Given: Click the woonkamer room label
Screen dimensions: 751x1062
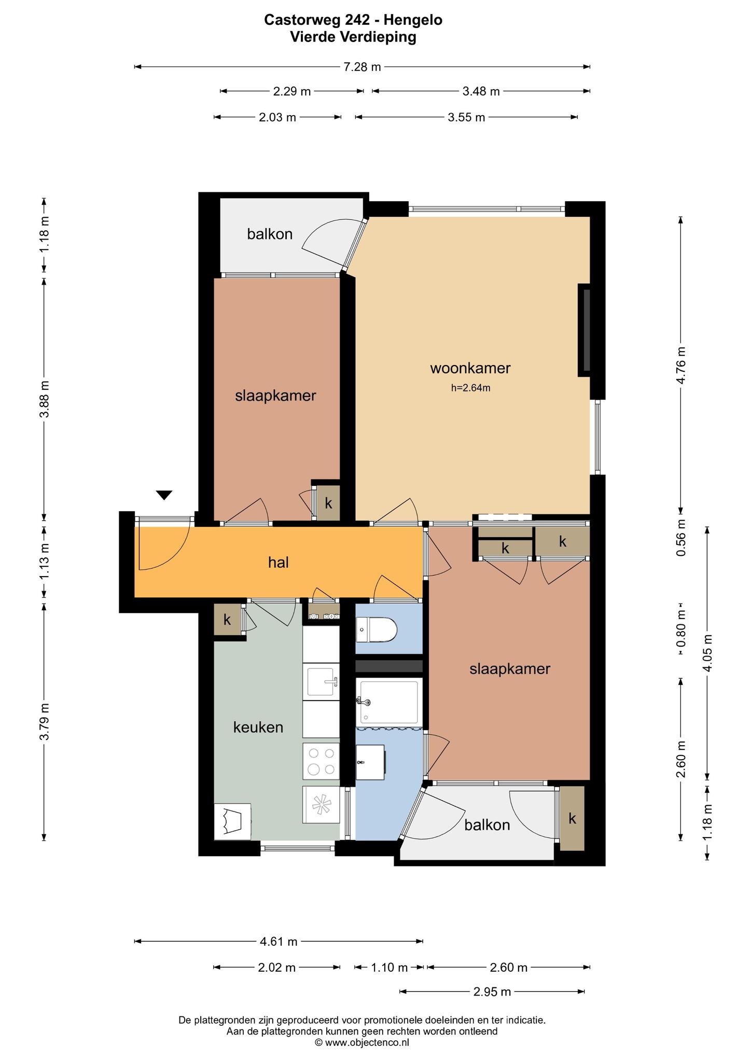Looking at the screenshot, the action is tap(470, 368).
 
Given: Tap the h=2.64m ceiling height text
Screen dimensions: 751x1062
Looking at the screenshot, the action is tap(470, 387).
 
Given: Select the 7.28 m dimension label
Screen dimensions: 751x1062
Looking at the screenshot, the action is tap(362, 66).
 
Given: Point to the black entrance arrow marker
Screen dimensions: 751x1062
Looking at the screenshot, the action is tap(164, 495).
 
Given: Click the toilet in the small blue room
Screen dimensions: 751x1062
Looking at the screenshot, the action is tap(377, 630).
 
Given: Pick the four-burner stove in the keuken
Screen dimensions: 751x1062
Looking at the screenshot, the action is tap(321, 762).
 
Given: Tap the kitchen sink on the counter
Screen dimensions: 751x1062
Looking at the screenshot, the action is tap(322, 681).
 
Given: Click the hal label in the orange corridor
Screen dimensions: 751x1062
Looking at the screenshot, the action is tap(279, 562).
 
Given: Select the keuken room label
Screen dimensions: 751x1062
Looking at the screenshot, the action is tap(258, 727).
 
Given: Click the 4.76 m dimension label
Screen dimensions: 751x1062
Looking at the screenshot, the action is tap(681, 365).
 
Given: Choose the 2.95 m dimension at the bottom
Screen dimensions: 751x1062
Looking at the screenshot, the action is tap(492, 992).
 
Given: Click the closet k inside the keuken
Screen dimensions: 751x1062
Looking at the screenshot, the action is tap(227, 619).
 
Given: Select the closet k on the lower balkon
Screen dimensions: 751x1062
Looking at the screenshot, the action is tap(572, 818).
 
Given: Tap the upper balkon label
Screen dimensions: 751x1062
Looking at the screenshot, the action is tap(270, 234).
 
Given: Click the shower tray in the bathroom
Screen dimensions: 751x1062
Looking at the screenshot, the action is tap(388, 702).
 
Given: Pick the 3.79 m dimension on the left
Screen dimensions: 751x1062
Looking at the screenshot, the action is tap(44, 722).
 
